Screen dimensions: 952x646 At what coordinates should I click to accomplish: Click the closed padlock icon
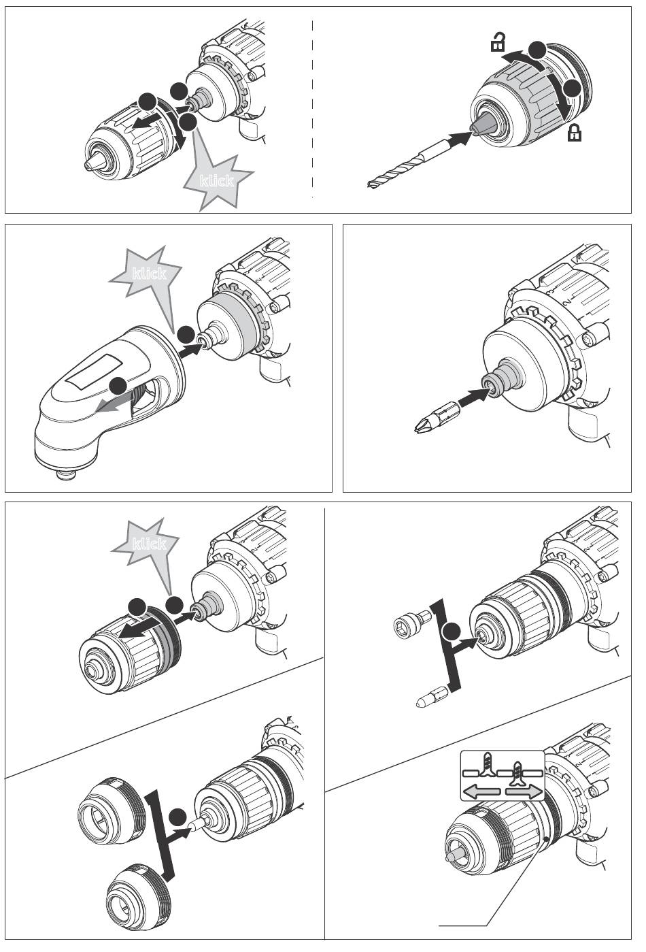pyautogui.click(x=575, y=133)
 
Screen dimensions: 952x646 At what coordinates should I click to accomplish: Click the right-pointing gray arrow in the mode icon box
pyautogui.click(x=524, y=792)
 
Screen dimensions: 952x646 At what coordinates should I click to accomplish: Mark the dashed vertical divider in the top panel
pyautogui.click(x=312, y=109)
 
